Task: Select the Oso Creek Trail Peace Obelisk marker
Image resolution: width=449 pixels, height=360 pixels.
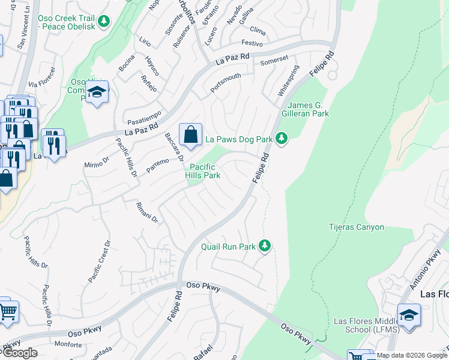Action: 104,22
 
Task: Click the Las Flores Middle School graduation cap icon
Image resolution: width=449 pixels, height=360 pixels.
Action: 409,315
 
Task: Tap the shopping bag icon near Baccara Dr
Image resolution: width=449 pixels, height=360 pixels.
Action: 190,136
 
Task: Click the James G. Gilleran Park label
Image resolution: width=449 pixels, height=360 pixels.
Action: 305,109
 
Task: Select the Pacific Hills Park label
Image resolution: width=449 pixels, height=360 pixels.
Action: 205,171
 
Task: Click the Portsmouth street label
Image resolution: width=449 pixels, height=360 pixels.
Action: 226,83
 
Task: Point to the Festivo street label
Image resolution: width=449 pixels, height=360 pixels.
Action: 252,43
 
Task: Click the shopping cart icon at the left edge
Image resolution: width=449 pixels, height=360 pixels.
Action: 7,311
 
